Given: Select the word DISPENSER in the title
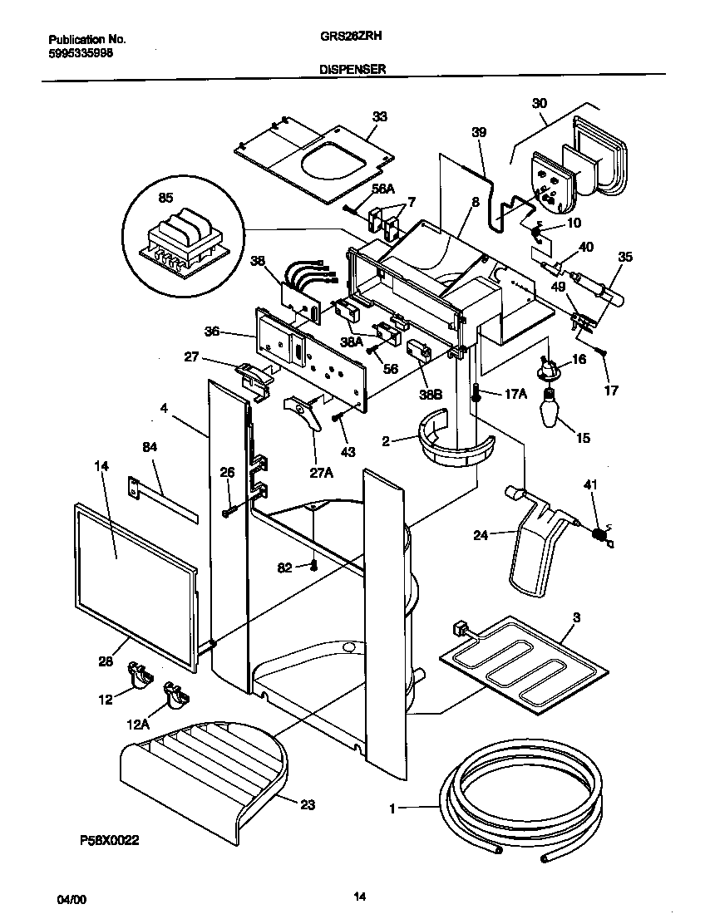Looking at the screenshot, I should (x=352, y=71).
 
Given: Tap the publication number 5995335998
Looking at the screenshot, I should (x=81, y=52).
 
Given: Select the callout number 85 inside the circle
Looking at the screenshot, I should (x=166, y=199).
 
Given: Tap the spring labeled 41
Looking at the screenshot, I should (x=597, y=535).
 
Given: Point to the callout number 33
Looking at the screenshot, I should (x=379, y=117).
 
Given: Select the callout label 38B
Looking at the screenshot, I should (x=430, y=396).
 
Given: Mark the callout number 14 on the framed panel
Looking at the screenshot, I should (x=102, y=467).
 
